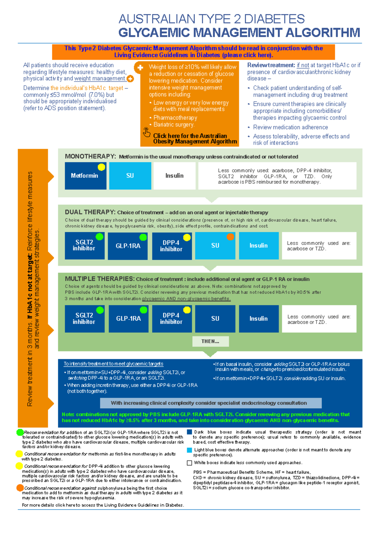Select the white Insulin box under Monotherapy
click(174, 176)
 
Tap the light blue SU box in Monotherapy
click(130, 176)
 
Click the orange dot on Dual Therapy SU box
click(230, 237)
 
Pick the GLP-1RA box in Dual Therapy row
click(128, 246)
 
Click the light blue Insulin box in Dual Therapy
click(259, 246)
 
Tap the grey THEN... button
click(210, 341)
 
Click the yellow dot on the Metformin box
click(101, 167)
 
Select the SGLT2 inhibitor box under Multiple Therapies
click(84, 319)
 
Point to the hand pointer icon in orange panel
click(146, 132)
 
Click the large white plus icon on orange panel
click(140, 67)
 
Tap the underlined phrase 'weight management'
click(100, 78)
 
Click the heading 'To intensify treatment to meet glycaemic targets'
click(113, 364)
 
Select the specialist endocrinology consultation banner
click(210, 403)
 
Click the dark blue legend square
click(189, 432)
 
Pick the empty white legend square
click(189, 463)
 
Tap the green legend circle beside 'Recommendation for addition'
click(20, 432)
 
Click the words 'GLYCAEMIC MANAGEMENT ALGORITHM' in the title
click(239, 33)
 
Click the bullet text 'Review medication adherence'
click(290, 127)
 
